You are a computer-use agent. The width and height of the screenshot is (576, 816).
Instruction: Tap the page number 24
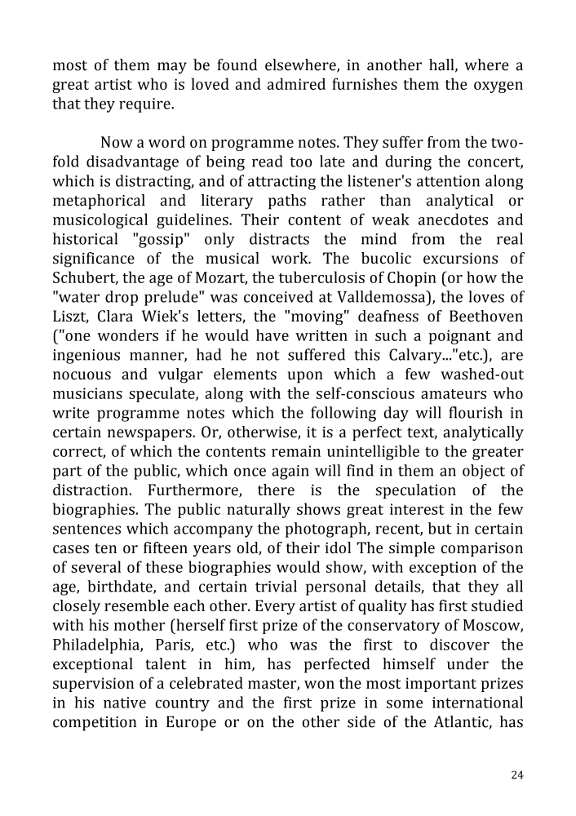[516, 774]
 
